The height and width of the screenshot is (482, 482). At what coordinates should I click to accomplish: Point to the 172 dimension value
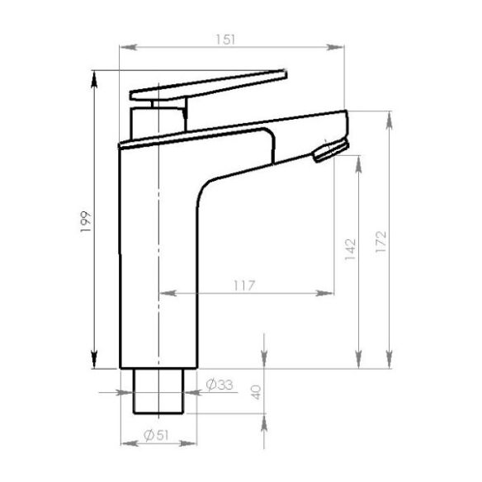pyautogui.click(x=380, y=239)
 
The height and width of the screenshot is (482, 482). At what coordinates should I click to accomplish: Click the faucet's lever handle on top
pyautogui.click(x=206, y=83)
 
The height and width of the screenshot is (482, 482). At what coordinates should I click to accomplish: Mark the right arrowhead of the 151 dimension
pyautogui.click(x=338, y=47)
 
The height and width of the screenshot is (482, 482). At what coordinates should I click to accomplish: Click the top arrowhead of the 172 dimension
pyautogui.click(x=389, y=116)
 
